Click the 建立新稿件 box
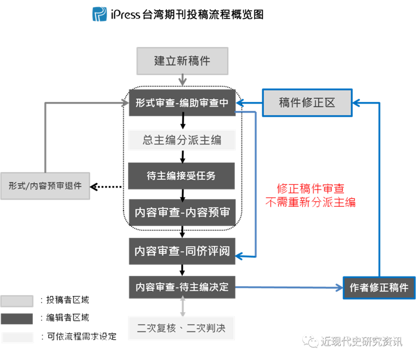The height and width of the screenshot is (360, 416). (182, 61)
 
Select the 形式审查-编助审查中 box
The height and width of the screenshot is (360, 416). (182, 103)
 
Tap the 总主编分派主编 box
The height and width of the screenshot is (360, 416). (182, 139)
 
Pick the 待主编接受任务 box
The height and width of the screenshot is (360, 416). (182, 176)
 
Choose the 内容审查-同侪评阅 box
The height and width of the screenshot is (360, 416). (182, 250)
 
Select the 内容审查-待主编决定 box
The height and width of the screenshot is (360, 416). (182, 287)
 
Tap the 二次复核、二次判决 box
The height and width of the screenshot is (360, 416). (182, 328)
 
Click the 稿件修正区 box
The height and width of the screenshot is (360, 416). (307, 103)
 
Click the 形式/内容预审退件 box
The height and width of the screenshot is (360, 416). (45, 186)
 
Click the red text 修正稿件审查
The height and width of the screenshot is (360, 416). (311, 189)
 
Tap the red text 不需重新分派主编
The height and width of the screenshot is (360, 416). (311, 203)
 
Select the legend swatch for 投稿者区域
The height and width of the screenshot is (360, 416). (17, 300)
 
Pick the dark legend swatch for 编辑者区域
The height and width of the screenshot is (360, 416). (17, 318)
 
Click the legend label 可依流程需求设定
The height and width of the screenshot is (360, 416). (77, 337)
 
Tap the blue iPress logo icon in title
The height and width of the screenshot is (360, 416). (100, 14)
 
